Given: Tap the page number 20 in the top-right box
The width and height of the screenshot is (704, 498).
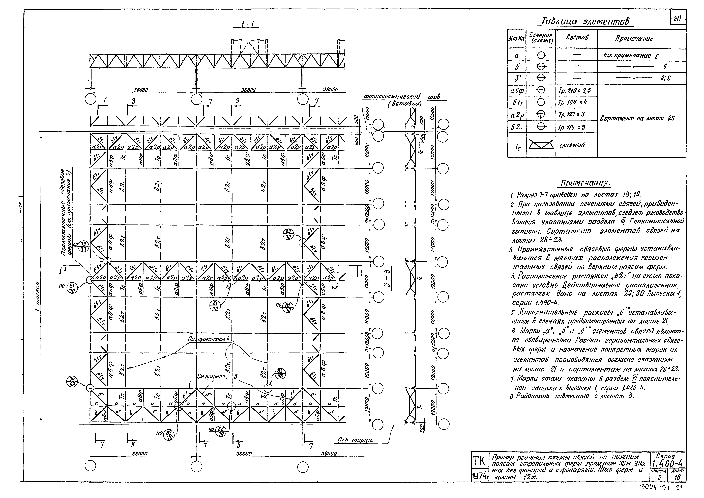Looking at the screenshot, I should [x=677, y=19].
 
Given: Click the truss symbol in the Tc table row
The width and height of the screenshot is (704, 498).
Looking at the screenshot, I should [x=541, y=145].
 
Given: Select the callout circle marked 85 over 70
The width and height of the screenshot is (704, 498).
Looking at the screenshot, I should [x=280, y=373].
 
